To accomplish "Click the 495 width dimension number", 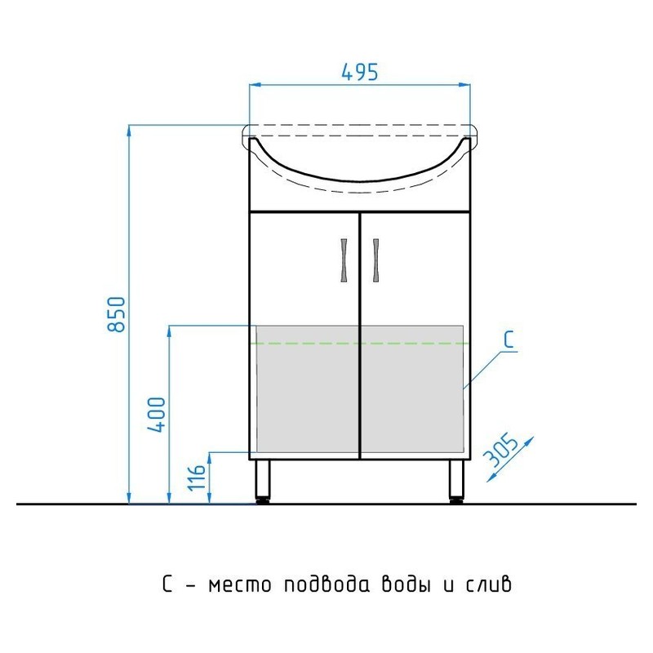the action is [360, 72].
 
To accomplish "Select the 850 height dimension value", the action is [116, 314].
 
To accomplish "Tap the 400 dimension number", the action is [157, 415].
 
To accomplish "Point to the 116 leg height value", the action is [197, 478].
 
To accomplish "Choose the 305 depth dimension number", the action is [502, 451].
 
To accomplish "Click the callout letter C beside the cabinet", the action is [509, 339].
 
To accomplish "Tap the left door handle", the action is [344, 260].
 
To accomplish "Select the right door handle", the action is [376, 260].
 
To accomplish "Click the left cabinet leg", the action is [263, 482].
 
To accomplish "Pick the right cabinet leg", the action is [456, 482].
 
